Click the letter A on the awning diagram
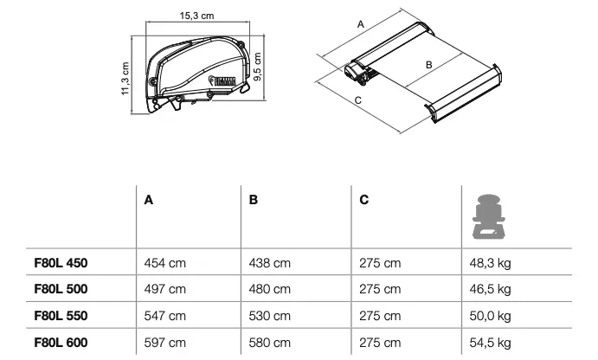pos(359,26)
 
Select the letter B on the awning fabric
pos(427,65)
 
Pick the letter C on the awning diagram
pos(357,100)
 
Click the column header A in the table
pos(149,200)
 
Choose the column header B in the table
pos(254,200)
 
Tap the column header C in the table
pos(363,200)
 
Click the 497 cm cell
pos(164,289)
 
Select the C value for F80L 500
pos(380,289)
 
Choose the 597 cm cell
pos(164,344)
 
